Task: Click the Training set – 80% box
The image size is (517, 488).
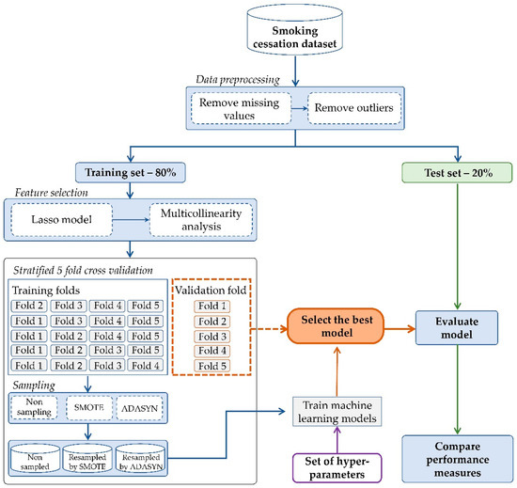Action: (135, 174)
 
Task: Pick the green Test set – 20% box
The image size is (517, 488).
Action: (457, 174)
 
